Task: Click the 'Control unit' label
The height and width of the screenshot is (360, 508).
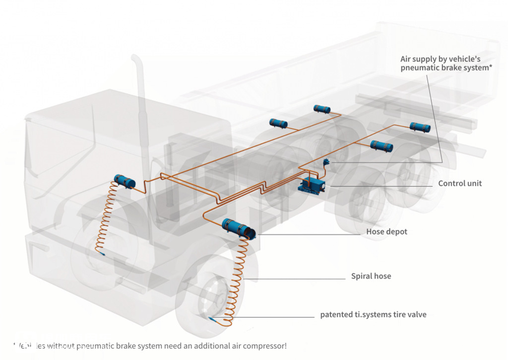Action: [460, 184]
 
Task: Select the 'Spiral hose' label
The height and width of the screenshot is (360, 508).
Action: [371, 276]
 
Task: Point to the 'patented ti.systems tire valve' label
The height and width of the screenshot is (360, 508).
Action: [373, 315]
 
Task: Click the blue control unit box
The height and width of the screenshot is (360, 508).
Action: [312, 185]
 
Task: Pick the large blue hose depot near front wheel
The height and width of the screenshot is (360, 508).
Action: [238, 229]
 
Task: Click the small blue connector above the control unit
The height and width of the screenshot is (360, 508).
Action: [327, 161]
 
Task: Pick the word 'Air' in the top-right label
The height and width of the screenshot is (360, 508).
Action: [406, 59]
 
